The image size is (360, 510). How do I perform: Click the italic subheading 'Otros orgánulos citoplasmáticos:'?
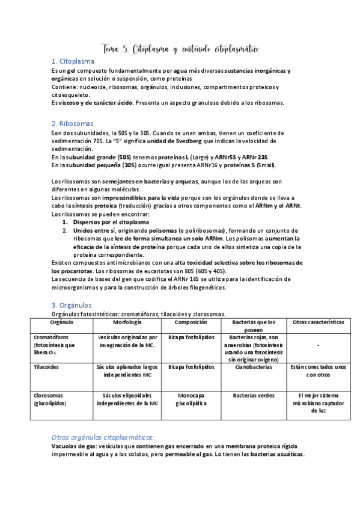(x=103, y=437)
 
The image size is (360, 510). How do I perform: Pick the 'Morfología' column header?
(x=127, y=322)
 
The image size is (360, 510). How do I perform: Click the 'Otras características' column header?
(x=318, y=322)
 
